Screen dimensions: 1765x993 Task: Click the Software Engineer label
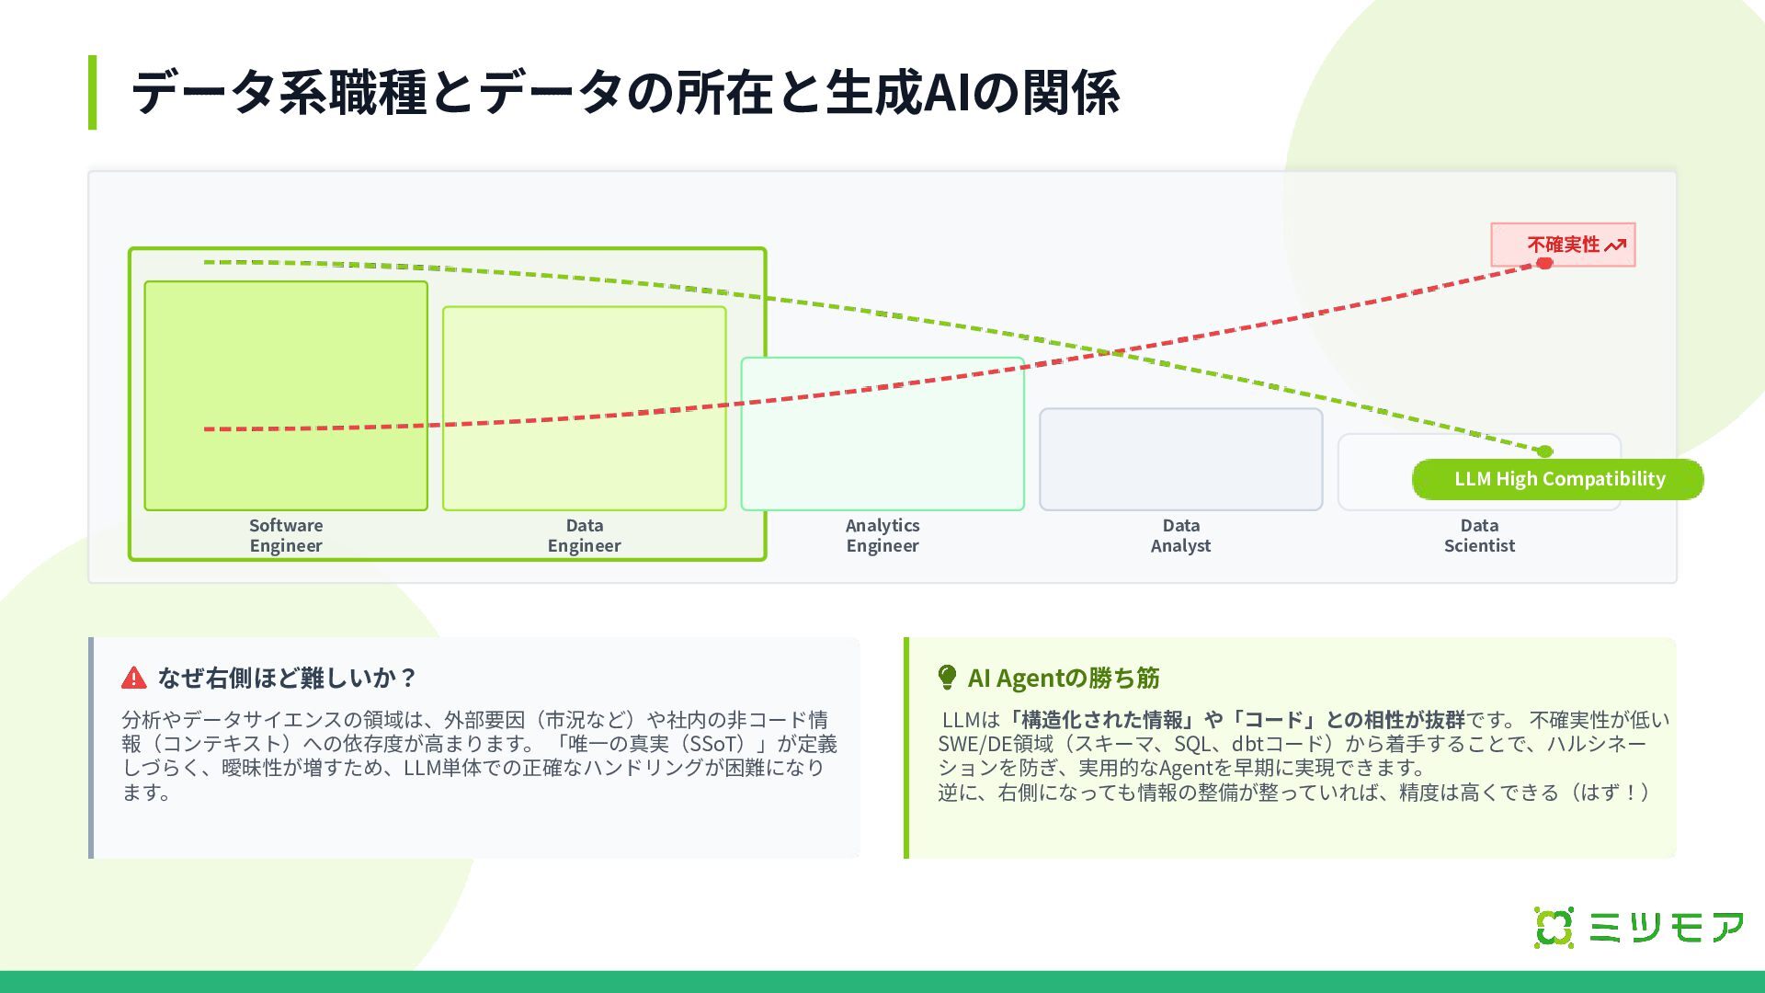[286, 535]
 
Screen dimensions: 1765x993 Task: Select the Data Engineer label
[584, 535]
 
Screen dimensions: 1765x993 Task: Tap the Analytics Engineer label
[882, 535]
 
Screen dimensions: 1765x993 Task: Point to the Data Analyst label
[1180, 535]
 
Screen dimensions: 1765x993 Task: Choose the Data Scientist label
[1479, 535]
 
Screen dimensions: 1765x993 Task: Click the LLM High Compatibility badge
[1558, 479]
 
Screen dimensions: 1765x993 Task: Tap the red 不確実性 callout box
[1563, 245]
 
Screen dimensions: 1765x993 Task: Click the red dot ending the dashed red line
[1544, 264]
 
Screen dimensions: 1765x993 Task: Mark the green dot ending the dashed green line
[1545, 451]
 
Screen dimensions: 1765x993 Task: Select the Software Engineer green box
[286, 395]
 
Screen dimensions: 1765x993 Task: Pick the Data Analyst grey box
[1180, 459]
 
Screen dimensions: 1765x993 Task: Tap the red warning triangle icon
[134, 679]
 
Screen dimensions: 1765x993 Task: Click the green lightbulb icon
[947, 678]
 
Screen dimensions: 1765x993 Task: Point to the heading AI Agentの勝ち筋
[1064, 679]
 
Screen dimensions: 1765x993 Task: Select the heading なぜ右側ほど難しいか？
[288, 679]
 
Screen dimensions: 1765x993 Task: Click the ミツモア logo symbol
[1554, 927]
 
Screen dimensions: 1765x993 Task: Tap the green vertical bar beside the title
[92, 92]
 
